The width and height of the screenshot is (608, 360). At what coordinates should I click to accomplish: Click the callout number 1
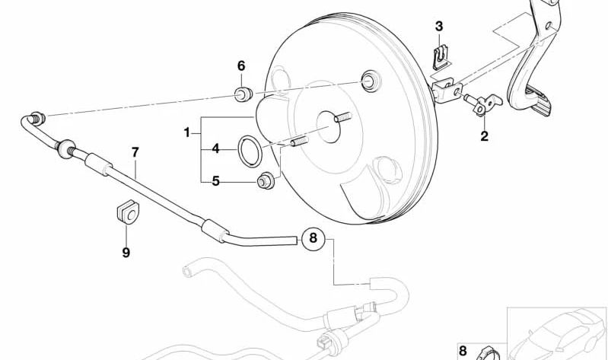pos(186,133)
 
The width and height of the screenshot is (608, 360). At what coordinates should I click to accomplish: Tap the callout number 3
pos(439,27)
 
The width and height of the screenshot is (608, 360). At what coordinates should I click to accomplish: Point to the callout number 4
pos(215,149)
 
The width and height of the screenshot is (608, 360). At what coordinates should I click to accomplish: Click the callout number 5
pos(215,181)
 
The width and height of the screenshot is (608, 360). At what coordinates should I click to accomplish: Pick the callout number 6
pos(241,66)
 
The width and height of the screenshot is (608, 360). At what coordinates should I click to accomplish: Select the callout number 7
pos(135,152)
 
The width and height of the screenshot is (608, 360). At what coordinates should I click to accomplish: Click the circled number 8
pos(313,239)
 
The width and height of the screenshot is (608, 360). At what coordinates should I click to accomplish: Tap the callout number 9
pos(126,252)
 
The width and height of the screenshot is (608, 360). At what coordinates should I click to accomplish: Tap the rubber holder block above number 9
pos(126,214)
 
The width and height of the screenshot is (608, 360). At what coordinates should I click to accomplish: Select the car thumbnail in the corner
pos(557,333)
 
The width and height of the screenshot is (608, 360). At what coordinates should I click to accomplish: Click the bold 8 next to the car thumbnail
pos(463,351)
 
